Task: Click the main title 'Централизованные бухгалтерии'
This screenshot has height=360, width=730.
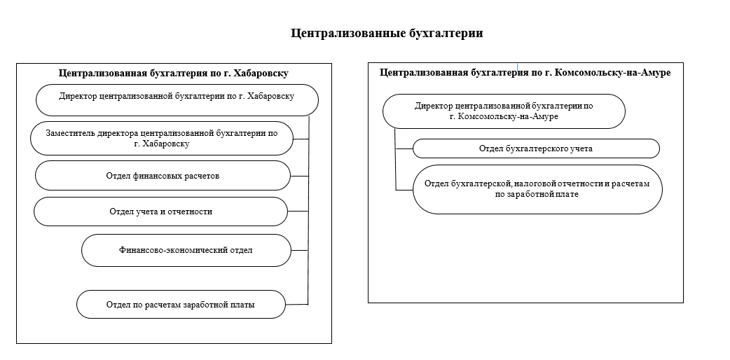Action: point(387,34)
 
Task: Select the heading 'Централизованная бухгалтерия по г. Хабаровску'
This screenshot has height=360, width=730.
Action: point(174,73)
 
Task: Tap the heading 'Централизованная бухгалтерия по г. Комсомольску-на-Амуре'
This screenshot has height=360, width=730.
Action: point(525,73)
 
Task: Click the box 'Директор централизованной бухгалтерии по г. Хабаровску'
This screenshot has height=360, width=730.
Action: point(177,100)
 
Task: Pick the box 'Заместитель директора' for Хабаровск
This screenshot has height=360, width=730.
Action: point(162,138)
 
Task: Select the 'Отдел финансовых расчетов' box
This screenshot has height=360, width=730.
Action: point(163,176)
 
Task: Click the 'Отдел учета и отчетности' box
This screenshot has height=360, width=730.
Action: point(160,212)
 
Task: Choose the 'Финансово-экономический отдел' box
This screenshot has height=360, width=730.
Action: point(186,251)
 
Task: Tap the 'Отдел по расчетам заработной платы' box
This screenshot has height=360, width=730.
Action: point(181,305)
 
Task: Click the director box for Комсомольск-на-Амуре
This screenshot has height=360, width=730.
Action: point(504,111)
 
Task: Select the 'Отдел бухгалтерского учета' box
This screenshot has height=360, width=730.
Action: point(537,148)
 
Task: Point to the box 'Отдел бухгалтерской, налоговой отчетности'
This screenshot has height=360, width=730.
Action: point(537,190)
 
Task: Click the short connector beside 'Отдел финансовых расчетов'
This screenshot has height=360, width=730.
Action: point(299,176)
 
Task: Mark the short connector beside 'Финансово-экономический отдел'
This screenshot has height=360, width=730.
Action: point(299,251)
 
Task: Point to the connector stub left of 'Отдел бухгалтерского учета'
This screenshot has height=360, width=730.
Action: point(404,149)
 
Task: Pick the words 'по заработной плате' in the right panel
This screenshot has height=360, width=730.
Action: point(537,194)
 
